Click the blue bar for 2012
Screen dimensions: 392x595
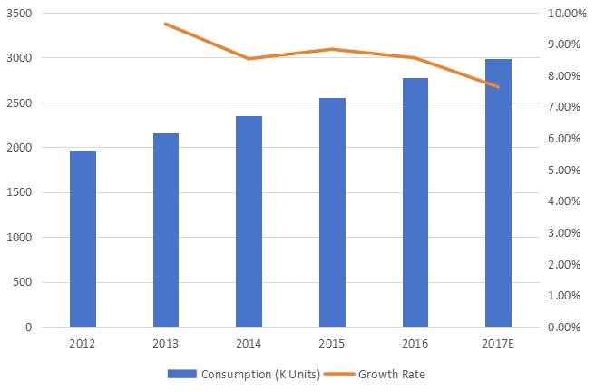[83, 239]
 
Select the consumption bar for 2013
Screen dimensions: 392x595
[166, 230]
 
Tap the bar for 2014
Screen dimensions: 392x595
[249, 221]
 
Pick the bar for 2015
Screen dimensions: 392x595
[332, 212]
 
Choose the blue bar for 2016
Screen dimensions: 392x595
[415, 202]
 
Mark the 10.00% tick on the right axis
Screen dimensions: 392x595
[563, 14]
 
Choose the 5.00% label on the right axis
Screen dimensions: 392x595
[565, 171]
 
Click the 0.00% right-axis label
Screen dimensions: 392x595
[565, 328]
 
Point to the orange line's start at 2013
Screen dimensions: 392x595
[166, 24]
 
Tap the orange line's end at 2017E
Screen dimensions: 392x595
[498, 87]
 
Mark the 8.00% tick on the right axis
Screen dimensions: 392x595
[565, 76]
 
